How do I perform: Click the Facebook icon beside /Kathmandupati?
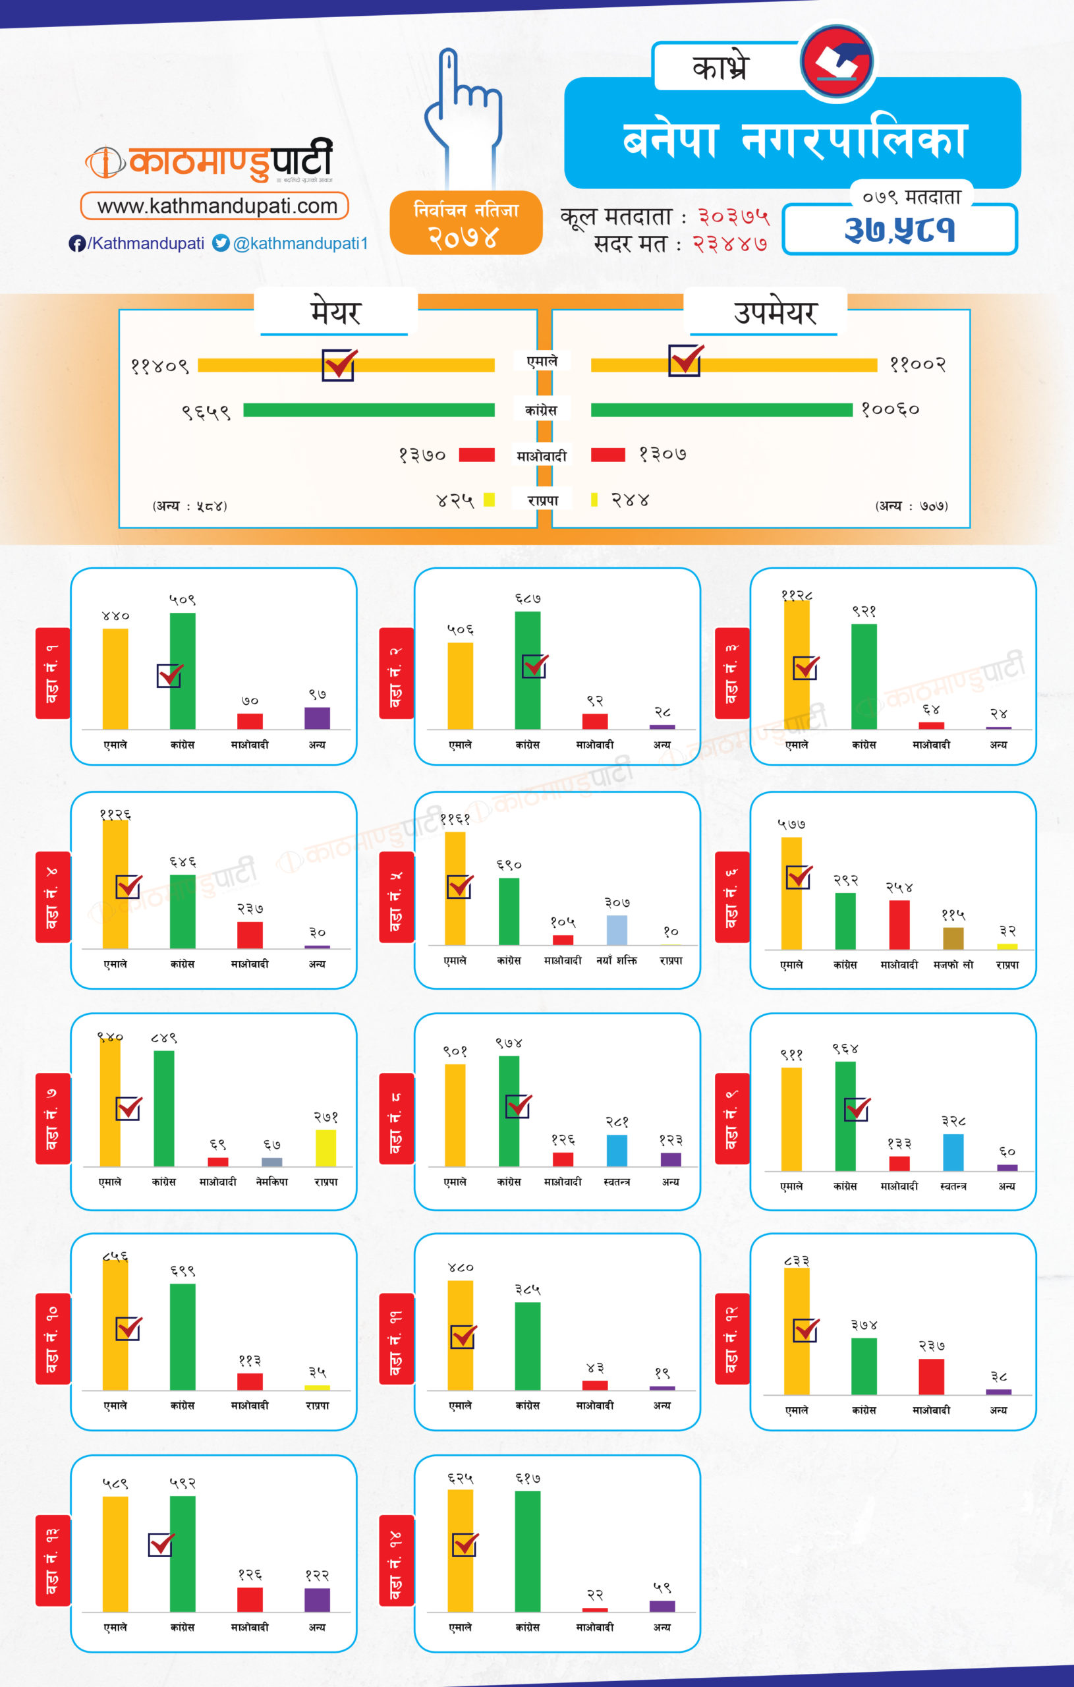click(77, 243)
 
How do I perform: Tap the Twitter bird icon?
click(221, 243)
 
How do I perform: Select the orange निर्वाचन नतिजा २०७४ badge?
click(466, 223)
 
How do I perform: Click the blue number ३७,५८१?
click(899, 230)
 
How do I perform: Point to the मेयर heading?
click(335, 312)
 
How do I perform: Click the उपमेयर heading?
click(775, 312)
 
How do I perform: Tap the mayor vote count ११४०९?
click(159, 366)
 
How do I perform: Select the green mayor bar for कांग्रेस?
click(368, 410)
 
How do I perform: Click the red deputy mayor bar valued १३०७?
click(608, 455)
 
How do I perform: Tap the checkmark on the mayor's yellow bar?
click(339, 364)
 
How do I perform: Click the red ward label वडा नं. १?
click(53, 673)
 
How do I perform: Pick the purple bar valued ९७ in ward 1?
click(317, 718)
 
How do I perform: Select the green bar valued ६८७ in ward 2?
click(528, 670)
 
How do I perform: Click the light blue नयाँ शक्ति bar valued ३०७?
click(617, 930)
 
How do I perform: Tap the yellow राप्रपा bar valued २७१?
click(325, 1147)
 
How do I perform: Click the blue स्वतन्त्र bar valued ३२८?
click(953, 1152)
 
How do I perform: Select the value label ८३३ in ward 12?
click(797, 1261)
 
